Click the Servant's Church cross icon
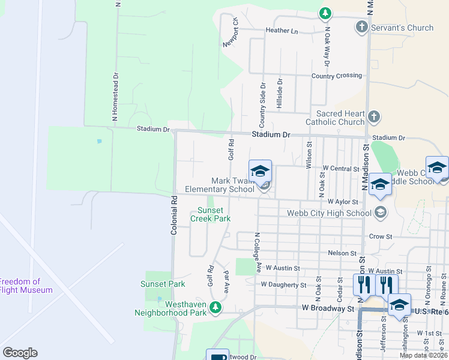(361, 27)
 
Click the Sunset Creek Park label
(211, 214)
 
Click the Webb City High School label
(329, 212)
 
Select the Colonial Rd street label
(174, 214)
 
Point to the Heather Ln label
(282, 31)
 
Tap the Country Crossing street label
(337, 76)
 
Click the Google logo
(20, 353)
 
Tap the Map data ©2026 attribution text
(423, 355)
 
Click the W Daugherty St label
(283, 284)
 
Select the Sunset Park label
(163, 284)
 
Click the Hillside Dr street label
(279, 93)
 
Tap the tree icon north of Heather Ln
(325, 12)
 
